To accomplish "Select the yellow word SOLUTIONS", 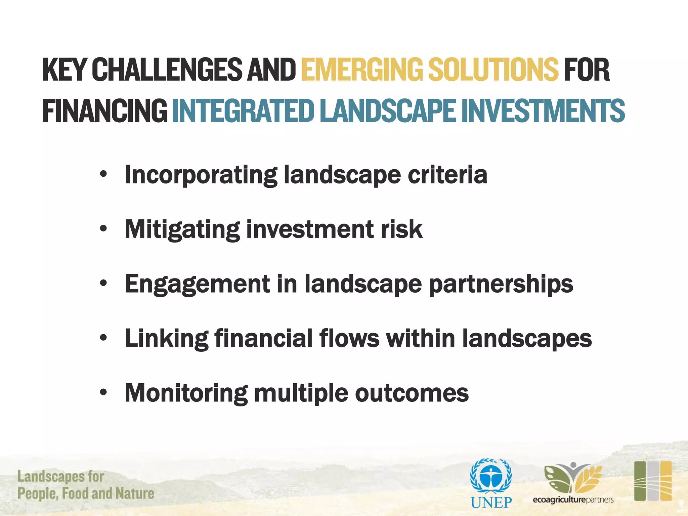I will (x=493, y=70).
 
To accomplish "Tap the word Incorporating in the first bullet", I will (x=201, y=175).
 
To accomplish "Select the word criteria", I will (x=447, y=175).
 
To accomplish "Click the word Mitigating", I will (x=182, y=229).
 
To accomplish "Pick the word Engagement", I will (x=198, y=284).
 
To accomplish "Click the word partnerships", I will (x=501, y=284).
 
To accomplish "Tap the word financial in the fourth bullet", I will (x=263, y=338).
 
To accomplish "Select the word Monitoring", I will (x=186, y=393).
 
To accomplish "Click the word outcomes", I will (x=412, y=393).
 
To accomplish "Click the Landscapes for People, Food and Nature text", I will (x=86, y=485).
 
